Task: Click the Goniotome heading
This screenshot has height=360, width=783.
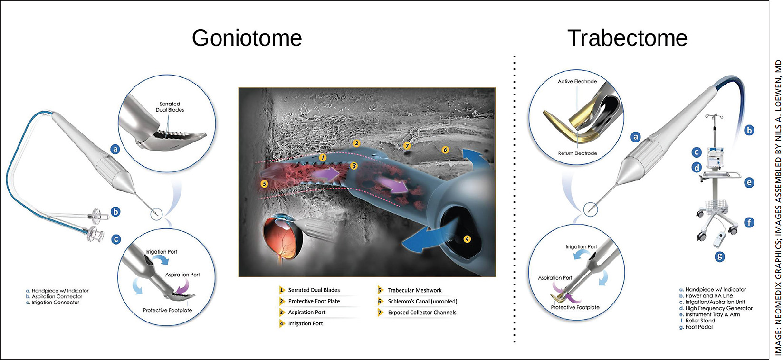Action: pyautogui.click(x=247, y=38)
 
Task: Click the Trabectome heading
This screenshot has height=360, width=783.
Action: pyautogui.click(x=627, y=38)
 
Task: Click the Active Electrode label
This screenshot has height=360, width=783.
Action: pyautogui.click(x=577, y=82)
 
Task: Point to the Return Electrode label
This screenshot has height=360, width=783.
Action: pyautogui.click(x=577, y=153)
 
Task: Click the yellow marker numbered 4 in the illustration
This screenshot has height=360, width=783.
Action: pyautogui.click(x=467, y=239)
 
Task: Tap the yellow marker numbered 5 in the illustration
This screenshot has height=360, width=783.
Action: pyautogui.click(x=264, y=184)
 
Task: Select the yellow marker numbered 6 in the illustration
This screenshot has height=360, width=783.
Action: pyautogui.click(x=445, y=150)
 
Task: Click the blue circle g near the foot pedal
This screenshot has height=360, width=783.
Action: pyautogui.click(x=720, y=256)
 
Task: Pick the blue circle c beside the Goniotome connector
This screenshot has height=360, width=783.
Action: pyautogui.click(x=116, y=239)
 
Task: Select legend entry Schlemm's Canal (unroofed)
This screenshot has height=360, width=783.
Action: pyautogui.click(x=422, y=302)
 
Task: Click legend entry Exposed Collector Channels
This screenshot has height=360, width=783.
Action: pyautogui.click(x=421, y=313)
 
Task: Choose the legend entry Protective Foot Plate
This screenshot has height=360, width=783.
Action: pyautogui.click(x=314, y=301)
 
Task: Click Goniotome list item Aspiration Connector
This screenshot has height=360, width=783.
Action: pyautogui.click(x=57, y=296)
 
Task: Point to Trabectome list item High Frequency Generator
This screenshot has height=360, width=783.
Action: pyautogui.click(x=718, y=308)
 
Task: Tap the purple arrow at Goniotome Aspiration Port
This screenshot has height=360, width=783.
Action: pyautogui.click(x=182, y=287)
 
